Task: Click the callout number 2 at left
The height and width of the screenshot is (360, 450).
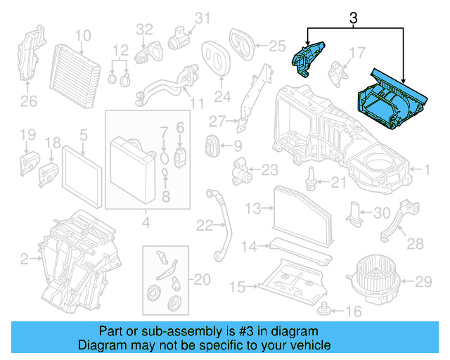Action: point(24,260)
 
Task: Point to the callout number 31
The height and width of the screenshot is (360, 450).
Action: point(202,18)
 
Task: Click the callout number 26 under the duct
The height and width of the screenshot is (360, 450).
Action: point(28,103)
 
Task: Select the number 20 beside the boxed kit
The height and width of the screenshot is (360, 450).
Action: point(201,280)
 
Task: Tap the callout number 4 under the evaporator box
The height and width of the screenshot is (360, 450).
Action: point(146,224)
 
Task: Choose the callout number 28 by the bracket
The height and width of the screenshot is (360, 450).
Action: point(416,244)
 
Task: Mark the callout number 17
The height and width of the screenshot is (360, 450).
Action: point(357,52)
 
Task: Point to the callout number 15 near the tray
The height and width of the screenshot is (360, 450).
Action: point(238,287)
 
